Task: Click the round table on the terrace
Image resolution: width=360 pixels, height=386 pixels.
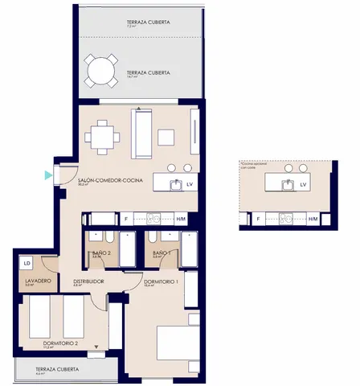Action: coord(101,70)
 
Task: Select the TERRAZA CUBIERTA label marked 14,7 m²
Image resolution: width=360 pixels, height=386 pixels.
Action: coord(148,72)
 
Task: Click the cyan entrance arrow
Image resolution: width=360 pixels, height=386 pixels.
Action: coord(49,174)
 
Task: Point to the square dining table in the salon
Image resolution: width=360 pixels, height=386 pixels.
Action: coord(102,136)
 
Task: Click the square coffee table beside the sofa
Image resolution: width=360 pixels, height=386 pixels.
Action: coord(166,137)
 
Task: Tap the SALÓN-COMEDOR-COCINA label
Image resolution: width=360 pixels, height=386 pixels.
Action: coord(110,181)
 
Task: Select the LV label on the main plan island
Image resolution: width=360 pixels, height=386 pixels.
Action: coord(190,185)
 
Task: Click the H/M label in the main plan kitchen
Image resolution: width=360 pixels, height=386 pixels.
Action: coord(181,219)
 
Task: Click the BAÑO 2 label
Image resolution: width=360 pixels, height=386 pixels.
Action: coord(101,253)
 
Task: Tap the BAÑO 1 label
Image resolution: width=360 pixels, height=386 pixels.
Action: coord(162,253)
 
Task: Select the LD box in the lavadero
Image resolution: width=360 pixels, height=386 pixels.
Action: coord(27,263)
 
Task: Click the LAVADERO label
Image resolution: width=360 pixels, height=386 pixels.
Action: coord(38,280)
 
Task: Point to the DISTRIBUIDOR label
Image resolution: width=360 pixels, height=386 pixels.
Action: coord(88,281)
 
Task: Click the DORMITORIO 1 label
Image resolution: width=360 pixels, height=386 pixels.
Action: coord(160,282)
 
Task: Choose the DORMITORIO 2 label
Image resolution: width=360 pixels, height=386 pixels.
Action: coord(60,343)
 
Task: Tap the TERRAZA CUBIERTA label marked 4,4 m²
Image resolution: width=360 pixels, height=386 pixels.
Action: coord(56,369)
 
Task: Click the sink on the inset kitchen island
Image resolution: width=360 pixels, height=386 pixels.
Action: coord(287,184)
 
